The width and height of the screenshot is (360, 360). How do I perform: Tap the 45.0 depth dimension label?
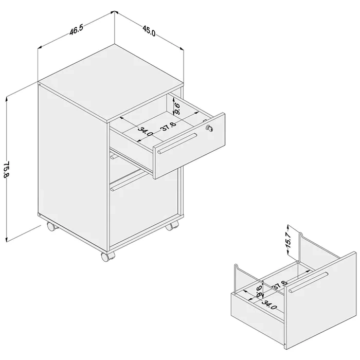click(x=149, y=31)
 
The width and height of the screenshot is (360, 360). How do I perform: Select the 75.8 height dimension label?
click(x=6, y=169)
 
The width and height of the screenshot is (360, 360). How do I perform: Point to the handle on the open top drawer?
click(x=177, y=143)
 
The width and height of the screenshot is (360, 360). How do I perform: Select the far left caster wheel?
click(x=52, y=226)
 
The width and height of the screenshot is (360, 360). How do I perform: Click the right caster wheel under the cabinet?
click(x=171, y=226)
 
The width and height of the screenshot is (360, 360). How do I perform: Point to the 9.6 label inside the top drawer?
click(x=177, y=109)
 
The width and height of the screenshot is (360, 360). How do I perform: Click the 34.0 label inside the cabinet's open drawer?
click(x=146, y=131)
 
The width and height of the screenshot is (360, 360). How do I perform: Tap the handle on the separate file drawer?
click(x=309, y=282)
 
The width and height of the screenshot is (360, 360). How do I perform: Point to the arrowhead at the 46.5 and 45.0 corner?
click(x=115, y=12)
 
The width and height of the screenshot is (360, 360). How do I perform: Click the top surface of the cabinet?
click(x=111, y=82)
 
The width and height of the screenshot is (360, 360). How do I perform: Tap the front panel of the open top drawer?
click(x=189, y=146)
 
